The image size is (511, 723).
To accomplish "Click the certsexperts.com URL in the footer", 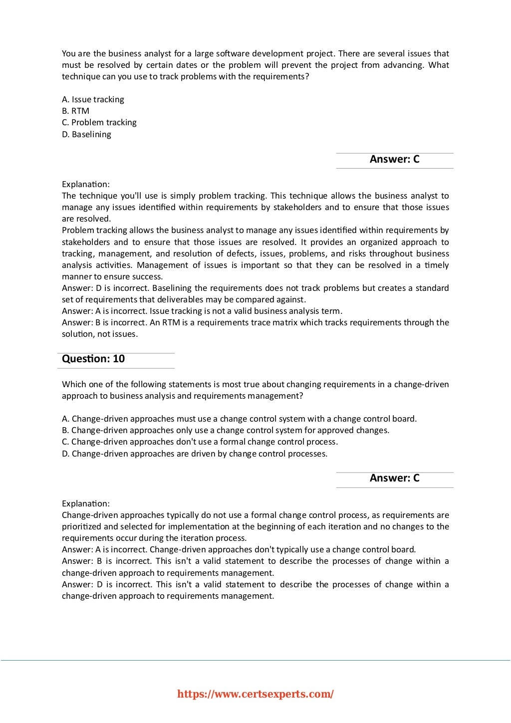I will click(255, 694).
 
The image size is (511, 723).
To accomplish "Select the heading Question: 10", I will click(93, 359).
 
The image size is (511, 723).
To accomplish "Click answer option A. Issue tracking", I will click(93, 99).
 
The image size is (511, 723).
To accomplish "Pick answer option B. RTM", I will click(75, 111).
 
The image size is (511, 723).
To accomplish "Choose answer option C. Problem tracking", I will click(99, 122).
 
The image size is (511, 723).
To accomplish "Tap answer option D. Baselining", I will click(86, 134).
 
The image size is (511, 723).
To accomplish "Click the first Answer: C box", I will click(394, 159).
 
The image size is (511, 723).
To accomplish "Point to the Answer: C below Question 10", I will click(394, 478).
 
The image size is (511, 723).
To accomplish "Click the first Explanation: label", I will click(85, 184).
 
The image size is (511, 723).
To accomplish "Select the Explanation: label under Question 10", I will click(85, 503).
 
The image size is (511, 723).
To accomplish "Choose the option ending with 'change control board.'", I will click(239, 419).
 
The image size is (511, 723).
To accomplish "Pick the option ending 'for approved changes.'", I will click(226, 430).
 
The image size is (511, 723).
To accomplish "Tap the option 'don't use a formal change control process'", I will click(200, 442).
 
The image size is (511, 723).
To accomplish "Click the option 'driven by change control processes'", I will click(195, 454).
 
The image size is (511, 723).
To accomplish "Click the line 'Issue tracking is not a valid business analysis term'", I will click(202, 311).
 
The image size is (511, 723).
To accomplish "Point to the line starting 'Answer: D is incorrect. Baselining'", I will click(255, 288).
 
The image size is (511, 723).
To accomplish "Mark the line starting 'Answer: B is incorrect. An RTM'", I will click(255, 322).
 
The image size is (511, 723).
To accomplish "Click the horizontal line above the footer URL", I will click(255, 660).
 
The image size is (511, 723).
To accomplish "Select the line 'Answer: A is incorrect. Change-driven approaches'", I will click(239, 549).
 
